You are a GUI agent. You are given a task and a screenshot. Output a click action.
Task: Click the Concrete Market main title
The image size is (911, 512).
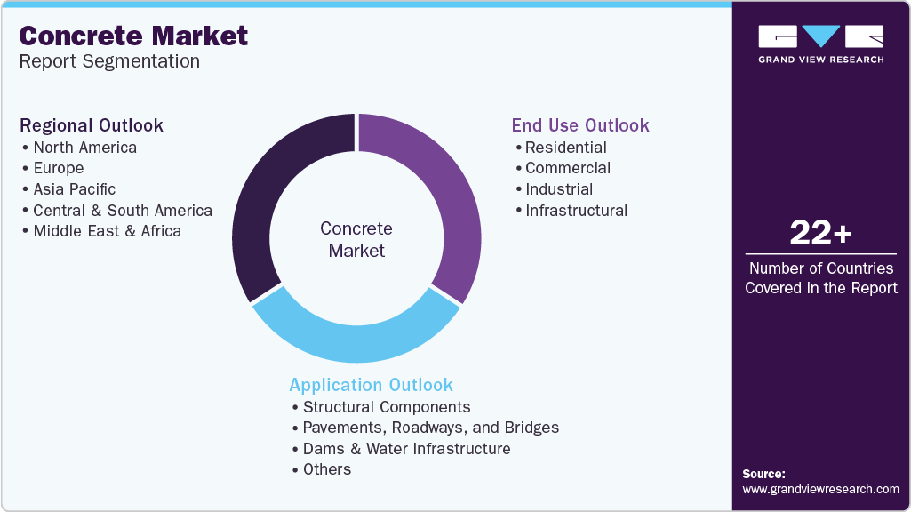coord(133,36)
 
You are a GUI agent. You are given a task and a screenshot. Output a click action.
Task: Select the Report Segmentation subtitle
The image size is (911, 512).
coord(109,61)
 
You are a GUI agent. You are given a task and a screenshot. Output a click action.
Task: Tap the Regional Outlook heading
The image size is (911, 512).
coord(92,125)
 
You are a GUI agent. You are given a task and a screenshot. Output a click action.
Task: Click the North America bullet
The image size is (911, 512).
coord(84,148)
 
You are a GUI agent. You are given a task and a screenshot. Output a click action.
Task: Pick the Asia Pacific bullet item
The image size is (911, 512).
coord(74,189)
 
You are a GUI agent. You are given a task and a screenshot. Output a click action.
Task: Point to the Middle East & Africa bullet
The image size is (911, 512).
coord(107,231)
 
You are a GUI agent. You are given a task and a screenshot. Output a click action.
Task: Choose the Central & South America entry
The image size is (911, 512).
coord(122,211)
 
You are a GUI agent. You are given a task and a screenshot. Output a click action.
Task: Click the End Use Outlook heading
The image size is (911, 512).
coord(580,125)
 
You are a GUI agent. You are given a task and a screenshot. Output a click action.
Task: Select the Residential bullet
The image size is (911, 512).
coord(565,148)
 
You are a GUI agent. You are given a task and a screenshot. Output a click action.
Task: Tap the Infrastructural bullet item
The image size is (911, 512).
coord(576,211)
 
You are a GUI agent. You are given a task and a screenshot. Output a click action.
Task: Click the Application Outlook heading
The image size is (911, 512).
coord(371,385)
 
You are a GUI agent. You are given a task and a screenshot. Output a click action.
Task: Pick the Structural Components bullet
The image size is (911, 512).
coord(386,407)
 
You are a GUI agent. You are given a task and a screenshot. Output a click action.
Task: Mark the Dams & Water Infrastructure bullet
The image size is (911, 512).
coord(406,449)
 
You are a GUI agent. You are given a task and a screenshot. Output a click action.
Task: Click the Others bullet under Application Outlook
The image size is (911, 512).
coord(326,469)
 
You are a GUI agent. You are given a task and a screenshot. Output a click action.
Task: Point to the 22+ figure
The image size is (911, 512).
coord(820,234)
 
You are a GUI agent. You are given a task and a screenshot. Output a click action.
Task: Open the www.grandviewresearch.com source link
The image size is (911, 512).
coord(820,489)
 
